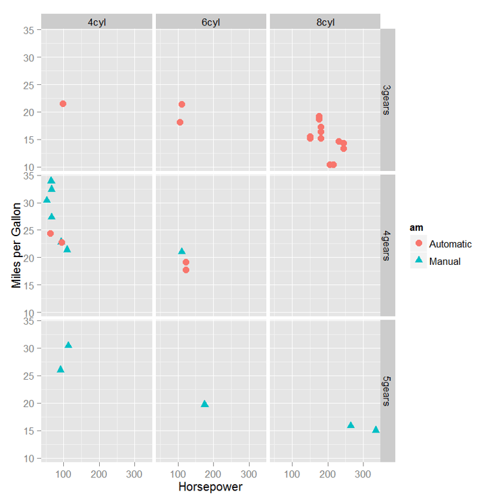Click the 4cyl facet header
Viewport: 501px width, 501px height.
[97, 22]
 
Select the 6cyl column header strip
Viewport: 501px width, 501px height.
[211, 22]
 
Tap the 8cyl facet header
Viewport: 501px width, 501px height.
[325, 22]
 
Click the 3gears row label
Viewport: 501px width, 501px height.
[387, 100]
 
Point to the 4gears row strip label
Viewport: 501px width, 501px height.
[387, 246]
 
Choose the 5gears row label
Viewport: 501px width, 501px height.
[387, 391]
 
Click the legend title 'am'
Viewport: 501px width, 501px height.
[415, 227]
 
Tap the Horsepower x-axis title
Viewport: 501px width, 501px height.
[211, 487]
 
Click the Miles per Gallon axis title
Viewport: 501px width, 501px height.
[16, 246]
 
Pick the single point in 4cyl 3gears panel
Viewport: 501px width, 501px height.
[63, 104]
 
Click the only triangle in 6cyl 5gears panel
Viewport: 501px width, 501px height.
[205, 404]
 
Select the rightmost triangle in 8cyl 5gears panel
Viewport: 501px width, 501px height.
[376, 430]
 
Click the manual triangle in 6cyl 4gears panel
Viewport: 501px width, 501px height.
[182, 251]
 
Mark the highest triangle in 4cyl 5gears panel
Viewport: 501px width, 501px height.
[68, 345]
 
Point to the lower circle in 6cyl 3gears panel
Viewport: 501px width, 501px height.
[180, 123]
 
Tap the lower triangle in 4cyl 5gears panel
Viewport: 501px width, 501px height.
[61, 369]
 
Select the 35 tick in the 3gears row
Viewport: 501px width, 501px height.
[29, 30]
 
